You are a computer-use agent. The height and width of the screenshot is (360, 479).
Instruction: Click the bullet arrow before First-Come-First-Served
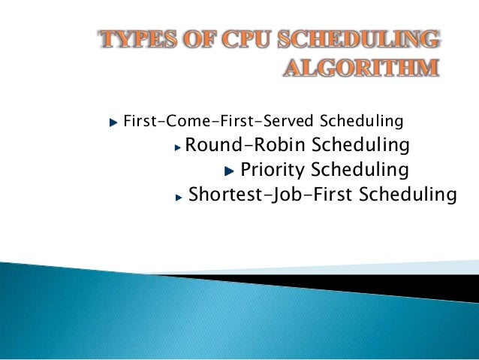click(113, 121)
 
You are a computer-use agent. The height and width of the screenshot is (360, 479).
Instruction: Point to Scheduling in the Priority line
click(360, 169)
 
